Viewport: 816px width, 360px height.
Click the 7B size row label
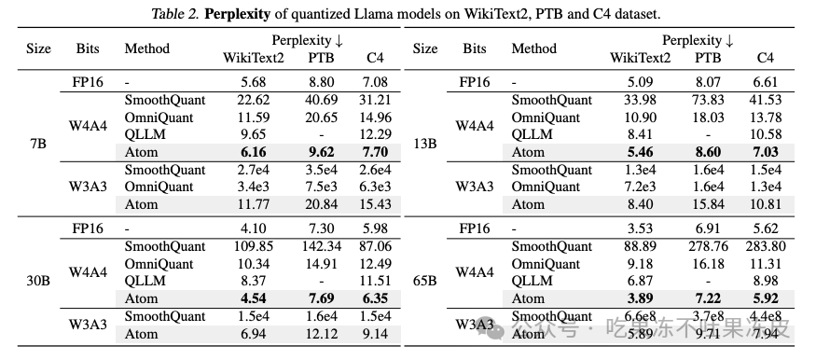(x=38, y=142)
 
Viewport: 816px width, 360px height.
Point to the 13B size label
(x=424, y=142)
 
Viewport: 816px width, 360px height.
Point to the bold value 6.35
(x=378, y=298)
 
